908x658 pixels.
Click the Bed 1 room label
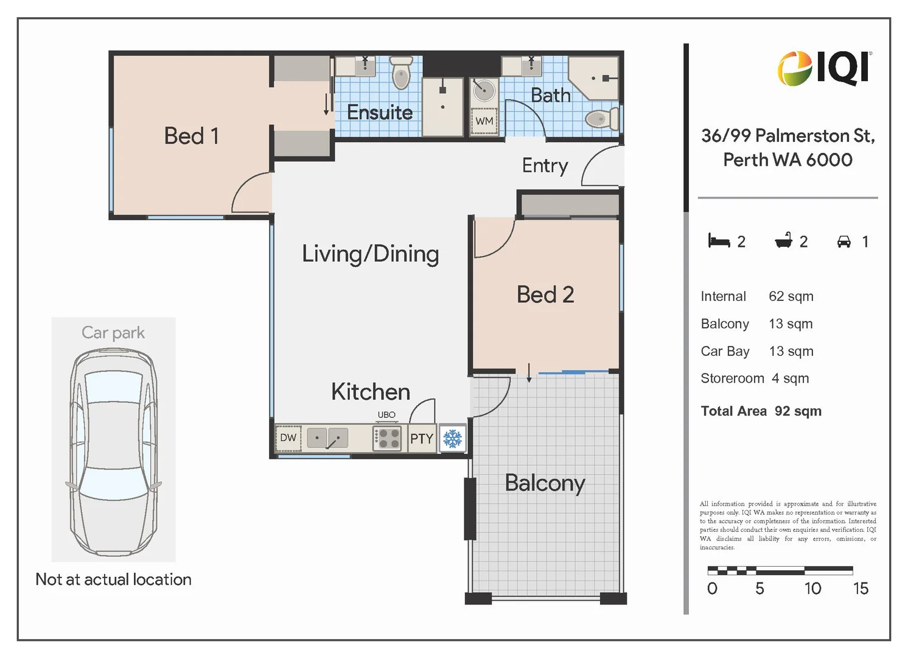click(191, 136)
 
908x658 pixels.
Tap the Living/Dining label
click(371, 254)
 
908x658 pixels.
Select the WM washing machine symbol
click(484, 121)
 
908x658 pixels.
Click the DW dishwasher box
click(288, 437)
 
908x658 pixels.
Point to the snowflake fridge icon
click(452, 439)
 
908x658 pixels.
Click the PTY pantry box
click(422, 439)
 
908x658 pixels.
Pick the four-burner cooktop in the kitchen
click(387, 438)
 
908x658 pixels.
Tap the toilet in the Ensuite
click(401, 73)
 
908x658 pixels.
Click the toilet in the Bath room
click(601, 119)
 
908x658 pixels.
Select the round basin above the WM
click(484, 90)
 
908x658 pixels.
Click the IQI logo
click(824, 68)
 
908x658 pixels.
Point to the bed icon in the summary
click(719, 240)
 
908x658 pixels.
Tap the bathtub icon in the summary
click(784, 240)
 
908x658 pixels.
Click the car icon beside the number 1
click(844, 241)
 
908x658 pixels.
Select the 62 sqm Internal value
click(791, 297)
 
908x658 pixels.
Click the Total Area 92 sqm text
click(761, 411)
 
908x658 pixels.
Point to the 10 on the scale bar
click(812, 589)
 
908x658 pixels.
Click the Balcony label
click(545, 483)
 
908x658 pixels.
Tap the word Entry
click(545, 166)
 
